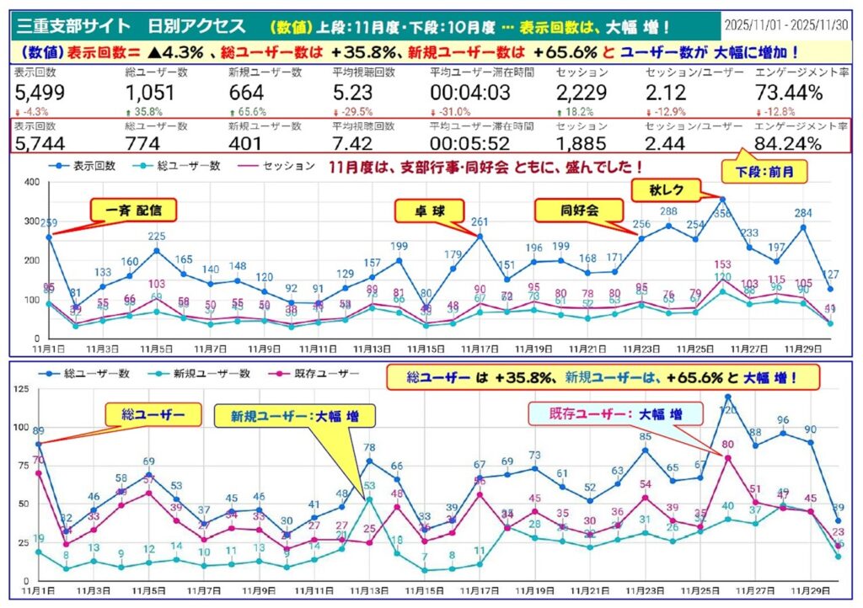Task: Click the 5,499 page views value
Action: (40, 93)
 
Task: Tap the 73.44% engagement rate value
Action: (789, 93)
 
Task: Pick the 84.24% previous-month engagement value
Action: (789, 144)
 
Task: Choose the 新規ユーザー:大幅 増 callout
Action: (293, 415)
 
